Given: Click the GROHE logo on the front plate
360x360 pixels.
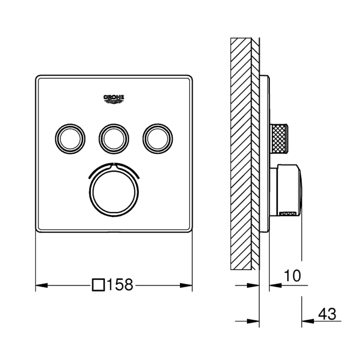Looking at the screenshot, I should click(x=114, y=98).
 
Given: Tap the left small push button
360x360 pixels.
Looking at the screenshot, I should click(x=71, y=139).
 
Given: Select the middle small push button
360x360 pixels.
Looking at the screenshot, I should click(x=114, y=139).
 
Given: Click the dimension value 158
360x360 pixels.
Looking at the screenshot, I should click(x=120, y=285).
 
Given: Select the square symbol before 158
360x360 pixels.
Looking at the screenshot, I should click(x=99, y=285).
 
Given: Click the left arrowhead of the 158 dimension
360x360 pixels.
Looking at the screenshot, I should click(x=40, y=286).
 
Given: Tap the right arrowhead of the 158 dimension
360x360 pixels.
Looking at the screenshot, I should click(x=187, y=286).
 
